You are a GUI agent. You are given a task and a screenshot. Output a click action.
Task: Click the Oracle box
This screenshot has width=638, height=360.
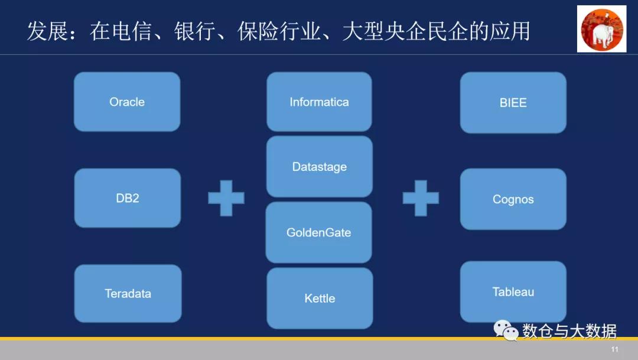127,102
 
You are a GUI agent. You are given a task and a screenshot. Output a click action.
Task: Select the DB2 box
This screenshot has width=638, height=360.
127,198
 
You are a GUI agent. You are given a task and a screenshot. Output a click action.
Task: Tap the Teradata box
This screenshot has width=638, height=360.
128,293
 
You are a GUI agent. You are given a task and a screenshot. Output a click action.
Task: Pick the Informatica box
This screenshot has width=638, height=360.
319,102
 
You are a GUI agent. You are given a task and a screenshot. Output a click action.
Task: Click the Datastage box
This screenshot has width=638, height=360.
319,167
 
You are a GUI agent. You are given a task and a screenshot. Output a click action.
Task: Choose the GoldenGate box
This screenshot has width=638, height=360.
318,232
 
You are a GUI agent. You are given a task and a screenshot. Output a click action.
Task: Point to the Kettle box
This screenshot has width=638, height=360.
320,299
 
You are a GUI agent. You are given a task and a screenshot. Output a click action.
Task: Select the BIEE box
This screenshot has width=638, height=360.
513,102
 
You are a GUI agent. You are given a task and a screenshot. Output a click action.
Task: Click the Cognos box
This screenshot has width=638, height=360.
513,199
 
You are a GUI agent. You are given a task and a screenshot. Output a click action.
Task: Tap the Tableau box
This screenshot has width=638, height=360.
513,292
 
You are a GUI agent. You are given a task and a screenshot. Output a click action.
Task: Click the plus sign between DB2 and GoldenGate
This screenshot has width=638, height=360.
226,198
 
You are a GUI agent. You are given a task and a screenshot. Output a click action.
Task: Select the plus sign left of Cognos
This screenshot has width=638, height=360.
421,198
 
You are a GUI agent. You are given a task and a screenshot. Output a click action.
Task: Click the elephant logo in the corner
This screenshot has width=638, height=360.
601,29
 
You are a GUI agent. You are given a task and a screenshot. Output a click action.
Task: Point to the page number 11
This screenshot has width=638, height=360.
615,349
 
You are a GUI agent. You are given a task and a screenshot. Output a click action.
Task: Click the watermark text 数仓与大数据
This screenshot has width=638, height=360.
569,331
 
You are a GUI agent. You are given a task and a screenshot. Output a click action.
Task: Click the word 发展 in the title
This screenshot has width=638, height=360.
47,31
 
